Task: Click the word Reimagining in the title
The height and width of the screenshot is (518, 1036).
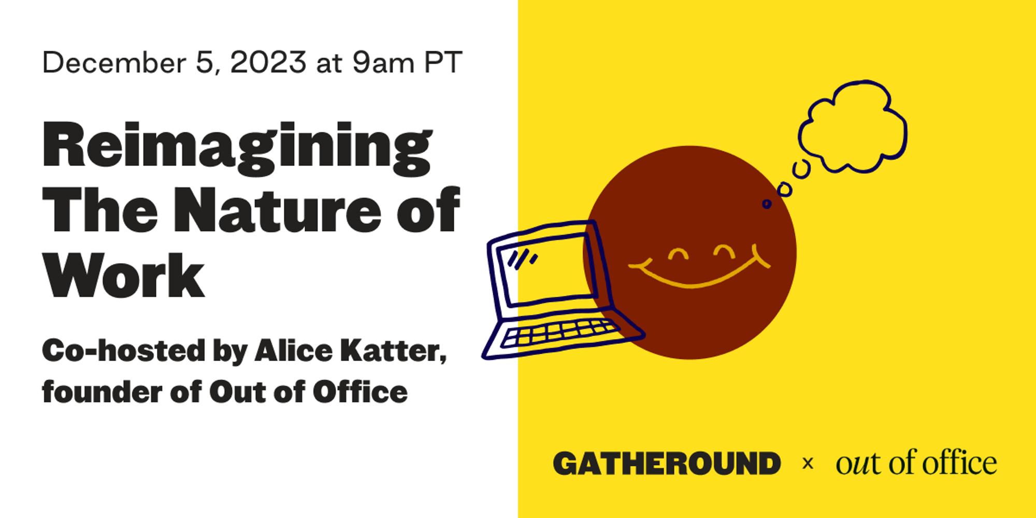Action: tap(237, 148)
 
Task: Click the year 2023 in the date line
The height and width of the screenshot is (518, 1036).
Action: tap(268, 63)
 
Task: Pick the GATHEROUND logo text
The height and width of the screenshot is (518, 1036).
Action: tap(667, 463)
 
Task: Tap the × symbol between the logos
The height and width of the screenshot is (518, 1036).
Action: tap(807, 464)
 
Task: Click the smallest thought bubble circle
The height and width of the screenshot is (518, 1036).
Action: tap(767, 204)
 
